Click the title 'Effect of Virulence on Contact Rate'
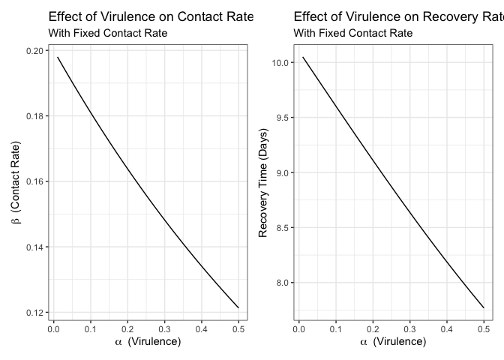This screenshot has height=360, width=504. pos(151,16)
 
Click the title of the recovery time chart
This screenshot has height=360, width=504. pos(398,16)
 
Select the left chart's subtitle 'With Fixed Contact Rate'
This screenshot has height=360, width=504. pos(107,33)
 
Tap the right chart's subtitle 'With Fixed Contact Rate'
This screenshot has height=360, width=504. pos(352,33)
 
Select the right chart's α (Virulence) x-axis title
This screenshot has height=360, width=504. pos(392,342)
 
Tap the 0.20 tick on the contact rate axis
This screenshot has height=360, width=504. pos(34,51)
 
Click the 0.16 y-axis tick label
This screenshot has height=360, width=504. pos(34,181)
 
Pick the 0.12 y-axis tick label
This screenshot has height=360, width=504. pos(34,313)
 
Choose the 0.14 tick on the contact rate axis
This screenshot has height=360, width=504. pos(34,247)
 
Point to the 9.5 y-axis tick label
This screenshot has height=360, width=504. pos(283,118)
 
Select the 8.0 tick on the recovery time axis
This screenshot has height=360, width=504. pos(283,283)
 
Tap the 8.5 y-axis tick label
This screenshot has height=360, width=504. pos(283,228)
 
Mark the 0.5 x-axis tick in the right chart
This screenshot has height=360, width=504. pos(484,328)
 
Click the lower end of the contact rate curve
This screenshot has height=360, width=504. pos(238,307)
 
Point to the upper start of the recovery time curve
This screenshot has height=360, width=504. pos(303,57)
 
